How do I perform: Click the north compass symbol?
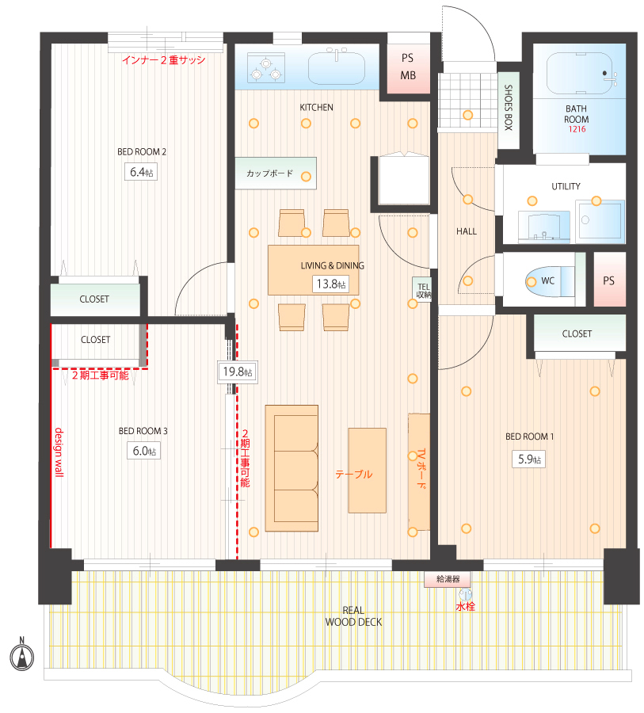click(x=22, y=655)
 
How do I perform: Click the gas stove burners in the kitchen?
click(x=266, y=68)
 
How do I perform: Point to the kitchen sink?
click(x=337, y=68)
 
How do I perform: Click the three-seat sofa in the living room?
click(x=292, y=468)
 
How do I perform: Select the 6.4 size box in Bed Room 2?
click(x=141, y=172)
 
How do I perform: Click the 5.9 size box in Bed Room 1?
click(x=529, y=459)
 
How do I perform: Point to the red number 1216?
click(x=577, y=129)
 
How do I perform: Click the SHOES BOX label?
click(x=509, y=108)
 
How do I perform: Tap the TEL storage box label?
click(x=424, y=290)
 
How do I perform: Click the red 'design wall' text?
click(x=59, y=452)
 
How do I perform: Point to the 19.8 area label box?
click(x=237, y=372)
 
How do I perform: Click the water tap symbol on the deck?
click(x=465, y=595)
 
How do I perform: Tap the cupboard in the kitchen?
click(x=276, y=173)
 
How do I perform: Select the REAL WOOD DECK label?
click(x=353, y=616)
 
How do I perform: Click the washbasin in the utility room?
click(x=544, y=227)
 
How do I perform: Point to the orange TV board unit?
click(x=419, y=471)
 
